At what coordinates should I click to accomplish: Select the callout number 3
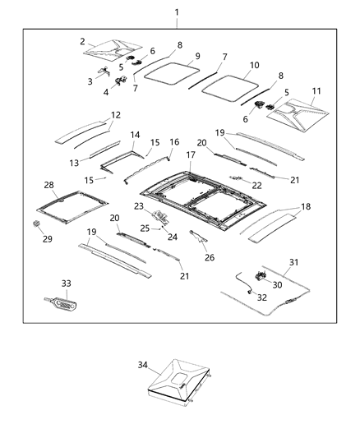click(90, 81)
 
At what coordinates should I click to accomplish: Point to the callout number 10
click(254, 64)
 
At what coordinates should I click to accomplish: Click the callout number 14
click(136, 134)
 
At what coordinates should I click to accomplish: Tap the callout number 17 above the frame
click(190, 154)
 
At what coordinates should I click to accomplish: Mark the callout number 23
click(139, 205)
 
